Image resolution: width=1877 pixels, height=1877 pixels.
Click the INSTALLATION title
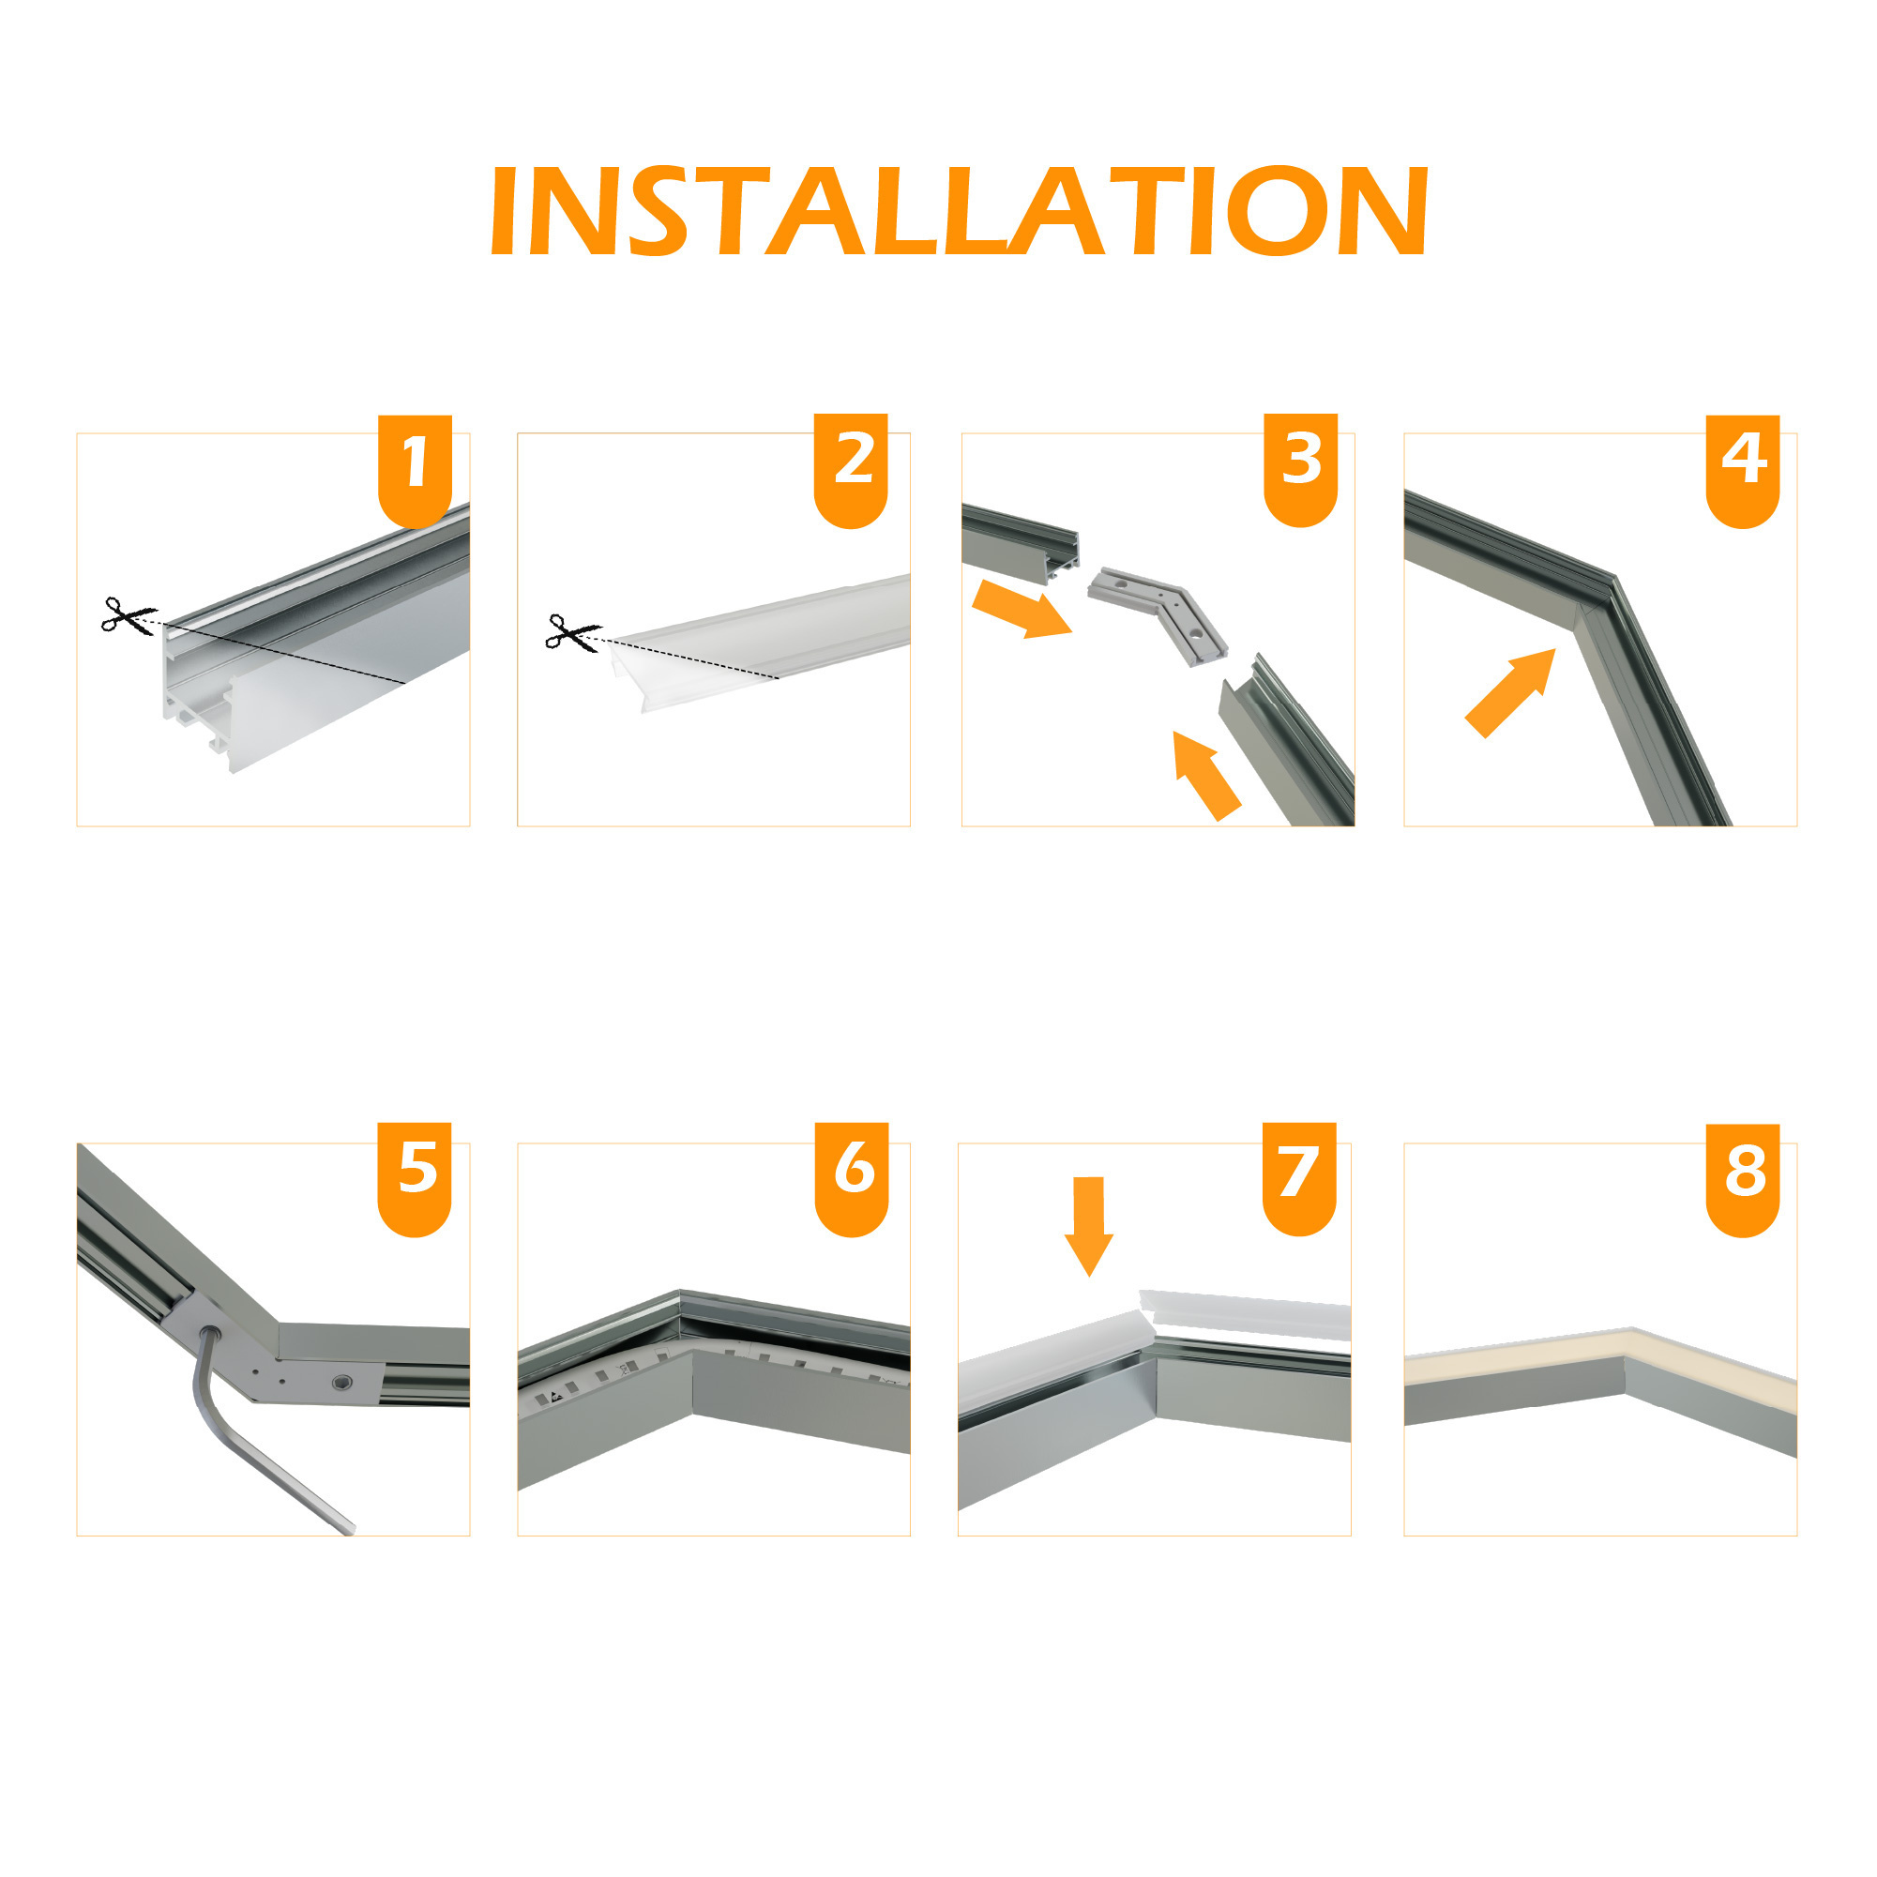click(959, 211)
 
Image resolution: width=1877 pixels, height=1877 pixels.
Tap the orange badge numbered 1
click(415, 467)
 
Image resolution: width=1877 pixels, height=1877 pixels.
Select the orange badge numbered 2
click(851, 467)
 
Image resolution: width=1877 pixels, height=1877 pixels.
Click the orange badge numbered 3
click(1301, 467)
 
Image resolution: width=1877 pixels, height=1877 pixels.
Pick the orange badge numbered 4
click(1743, 467)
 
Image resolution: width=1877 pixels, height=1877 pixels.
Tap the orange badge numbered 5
click(415, 1176)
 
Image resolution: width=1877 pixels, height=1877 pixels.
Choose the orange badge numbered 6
click(851, 1176)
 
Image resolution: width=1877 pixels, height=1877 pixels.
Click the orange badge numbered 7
click(1299, 1176)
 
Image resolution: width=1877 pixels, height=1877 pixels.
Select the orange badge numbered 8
click(1743, 1176)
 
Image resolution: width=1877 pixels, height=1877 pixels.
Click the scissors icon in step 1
click(128, 616)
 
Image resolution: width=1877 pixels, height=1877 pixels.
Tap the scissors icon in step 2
click(572, 632)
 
